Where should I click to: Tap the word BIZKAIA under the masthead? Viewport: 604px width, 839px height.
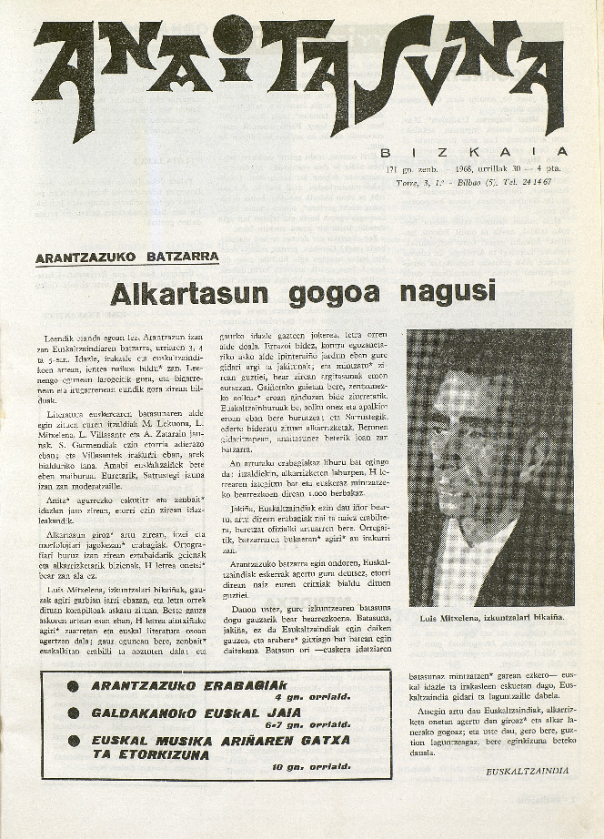coord(473,152)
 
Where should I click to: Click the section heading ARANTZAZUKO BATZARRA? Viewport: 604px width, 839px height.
coord(126,258)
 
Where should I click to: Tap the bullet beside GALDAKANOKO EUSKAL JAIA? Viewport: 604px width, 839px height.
coord(73,715)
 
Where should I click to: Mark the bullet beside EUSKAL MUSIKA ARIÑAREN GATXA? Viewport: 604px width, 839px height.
coord(73,741)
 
